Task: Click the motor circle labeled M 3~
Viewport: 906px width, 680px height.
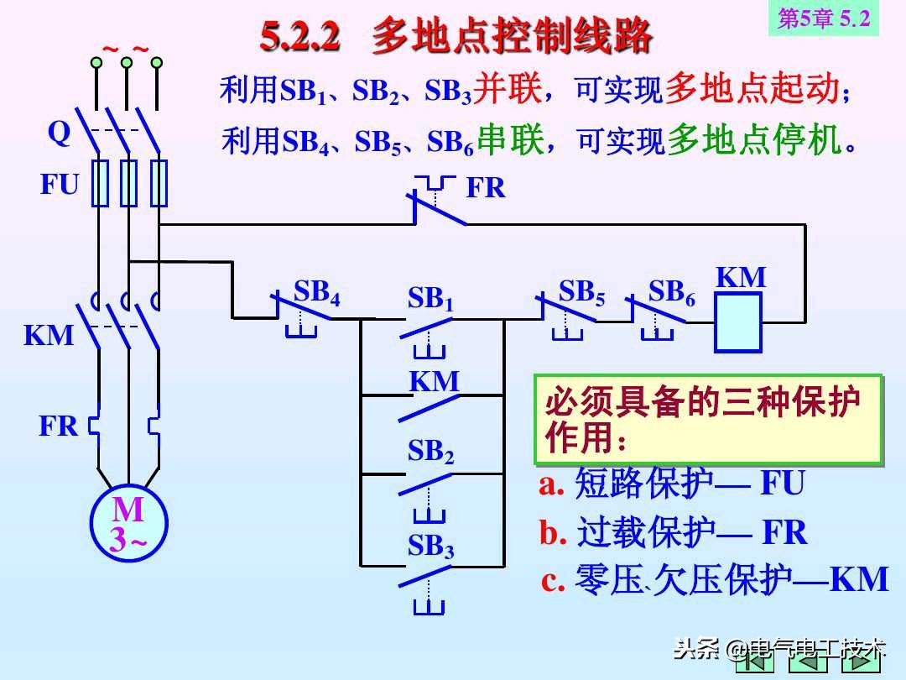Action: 128,524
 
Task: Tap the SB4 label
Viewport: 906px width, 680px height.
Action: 316,292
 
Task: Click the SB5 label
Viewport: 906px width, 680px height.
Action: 581,292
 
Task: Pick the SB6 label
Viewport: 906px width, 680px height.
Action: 671,292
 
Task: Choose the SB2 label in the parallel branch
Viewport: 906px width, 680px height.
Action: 430,452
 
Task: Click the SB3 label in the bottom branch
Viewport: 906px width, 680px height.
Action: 430,547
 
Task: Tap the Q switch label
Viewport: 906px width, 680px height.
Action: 59,133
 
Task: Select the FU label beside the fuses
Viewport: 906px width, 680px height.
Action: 59,186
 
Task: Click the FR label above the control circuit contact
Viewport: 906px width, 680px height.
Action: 486,189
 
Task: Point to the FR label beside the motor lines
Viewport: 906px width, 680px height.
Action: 58,426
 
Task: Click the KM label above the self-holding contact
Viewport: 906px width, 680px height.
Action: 434,382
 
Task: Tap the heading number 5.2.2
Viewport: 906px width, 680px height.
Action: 300,36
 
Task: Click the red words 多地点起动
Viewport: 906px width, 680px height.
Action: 751,89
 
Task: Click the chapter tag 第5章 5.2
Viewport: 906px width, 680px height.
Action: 823,18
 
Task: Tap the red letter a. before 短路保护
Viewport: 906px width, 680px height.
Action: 551,484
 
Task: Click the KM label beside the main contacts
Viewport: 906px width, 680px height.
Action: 49,336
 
